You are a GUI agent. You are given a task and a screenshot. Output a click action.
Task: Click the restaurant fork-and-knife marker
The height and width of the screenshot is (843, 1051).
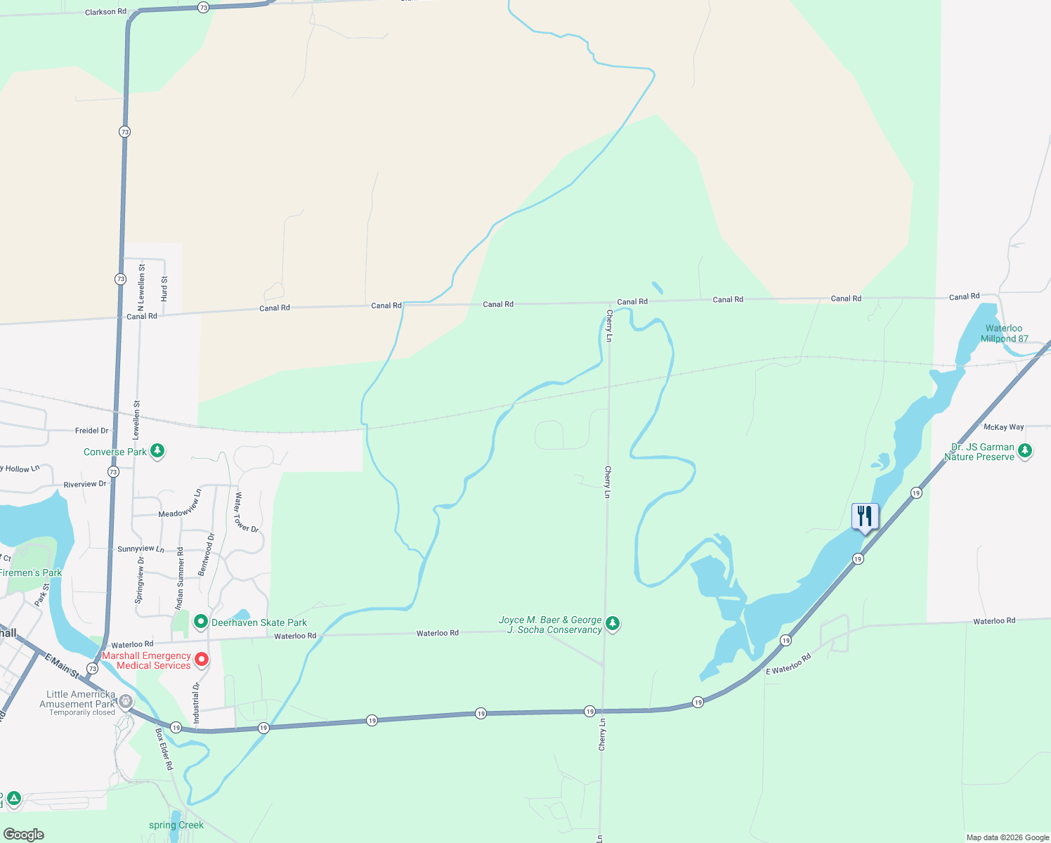click(865, 517)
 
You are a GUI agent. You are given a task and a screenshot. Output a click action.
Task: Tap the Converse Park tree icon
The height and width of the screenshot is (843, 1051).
click(157, 451)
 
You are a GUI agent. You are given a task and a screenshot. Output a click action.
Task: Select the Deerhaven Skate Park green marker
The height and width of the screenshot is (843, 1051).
click(201, 622)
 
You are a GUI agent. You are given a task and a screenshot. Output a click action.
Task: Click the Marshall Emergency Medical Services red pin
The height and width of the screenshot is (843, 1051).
click(202, 659)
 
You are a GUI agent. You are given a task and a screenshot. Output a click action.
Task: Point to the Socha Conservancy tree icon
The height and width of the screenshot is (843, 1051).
click(613, 623)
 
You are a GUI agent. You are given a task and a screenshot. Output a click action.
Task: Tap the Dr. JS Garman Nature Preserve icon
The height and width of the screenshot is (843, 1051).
click(1025, 450)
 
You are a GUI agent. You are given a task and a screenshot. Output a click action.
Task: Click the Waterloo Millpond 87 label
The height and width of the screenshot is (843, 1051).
click(1004, 333)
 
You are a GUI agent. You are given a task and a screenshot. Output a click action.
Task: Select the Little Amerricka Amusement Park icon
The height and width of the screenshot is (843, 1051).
click(126, 700)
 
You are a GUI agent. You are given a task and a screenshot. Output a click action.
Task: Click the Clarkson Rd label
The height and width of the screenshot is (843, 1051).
click(105, 12)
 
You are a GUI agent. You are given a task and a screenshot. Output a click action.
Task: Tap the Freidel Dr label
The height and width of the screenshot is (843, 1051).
click(92, 431)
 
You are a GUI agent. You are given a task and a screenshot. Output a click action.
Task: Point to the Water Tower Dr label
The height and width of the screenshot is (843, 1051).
click(247, 513)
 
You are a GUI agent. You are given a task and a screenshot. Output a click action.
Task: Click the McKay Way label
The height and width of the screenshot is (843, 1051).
click(1003, 427)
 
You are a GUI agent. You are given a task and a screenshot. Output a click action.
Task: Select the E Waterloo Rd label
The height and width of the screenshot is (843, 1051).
click(788, 665)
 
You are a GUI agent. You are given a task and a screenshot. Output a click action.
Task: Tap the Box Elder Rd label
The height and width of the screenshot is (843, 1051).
click(164, 749)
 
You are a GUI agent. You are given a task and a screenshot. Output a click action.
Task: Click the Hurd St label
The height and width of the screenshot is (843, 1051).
click(164, 289)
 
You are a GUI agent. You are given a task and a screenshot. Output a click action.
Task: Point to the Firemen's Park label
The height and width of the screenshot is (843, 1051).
click(30, 573)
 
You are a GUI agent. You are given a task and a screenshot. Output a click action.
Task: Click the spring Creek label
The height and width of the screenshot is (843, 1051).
click(176, 825)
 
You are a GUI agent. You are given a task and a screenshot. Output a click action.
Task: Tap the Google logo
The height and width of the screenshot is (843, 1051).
click(24, 834)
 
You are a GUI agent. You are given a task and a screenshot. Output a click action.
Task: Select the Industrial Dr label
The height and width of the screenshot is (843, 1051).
click(197, 702)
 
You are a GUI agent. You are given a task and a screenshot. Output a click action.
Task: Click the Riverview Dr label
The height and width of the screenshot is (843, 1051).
click(85, 484)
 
